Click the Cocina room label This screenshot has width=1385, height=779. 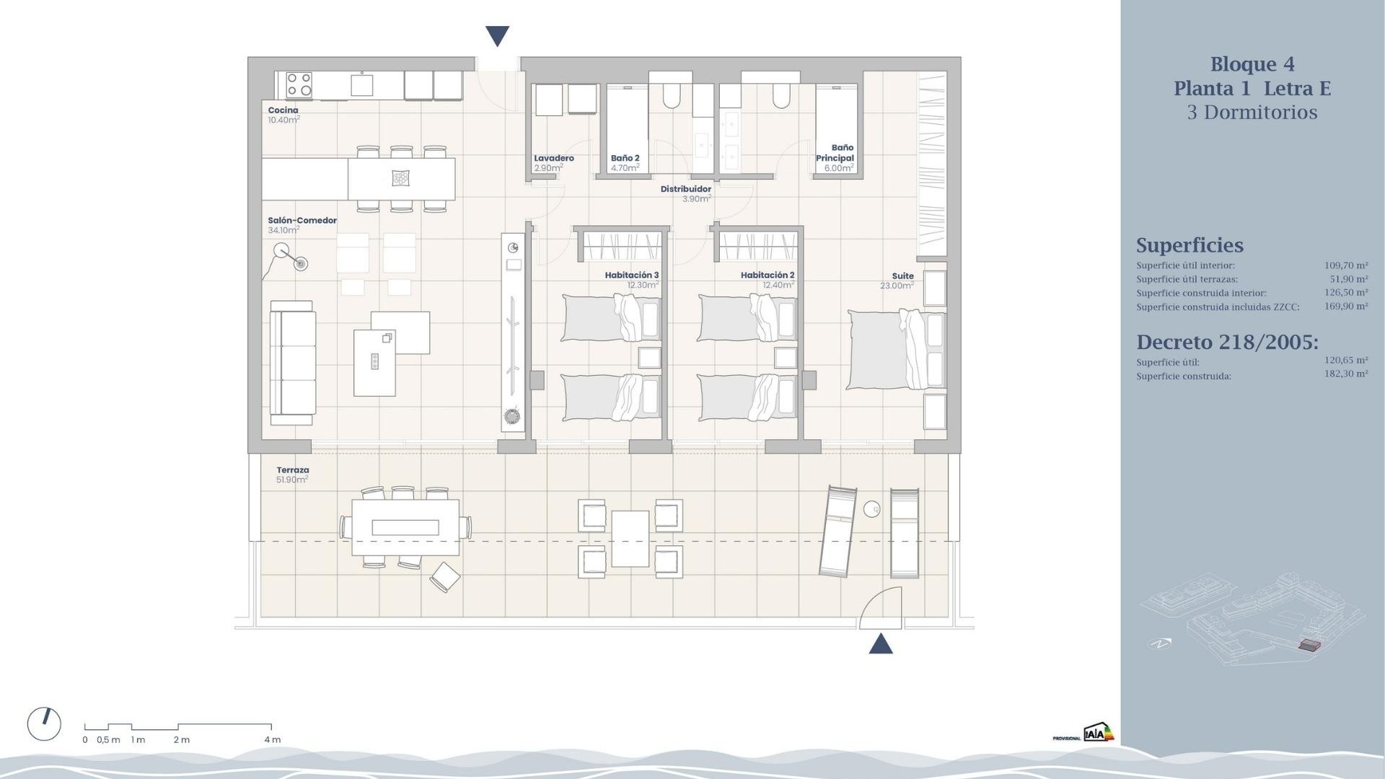click(x=283, y=110)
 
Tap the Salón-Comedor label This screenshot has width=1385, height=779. click(x=302, y=221)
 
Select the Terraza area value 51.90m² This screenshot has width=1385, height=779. click(x=292, y=480)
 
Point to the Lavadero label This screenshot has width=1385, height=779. click(x=554, y=158)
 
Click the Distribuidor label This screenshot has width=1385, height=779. click(x=686, y=189)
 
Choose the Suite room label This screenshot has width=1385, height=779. click(x=902, y=276)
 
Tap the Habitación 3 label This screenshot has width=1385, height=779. click(x=632, y=275)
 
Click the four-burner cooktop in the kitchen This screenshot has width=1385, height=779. click(x=299, y=84)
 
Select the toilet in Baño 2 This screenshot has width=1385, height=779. click(x=672, y=96)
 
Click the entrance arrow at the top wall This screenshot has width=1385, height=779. click(x=498, y=35)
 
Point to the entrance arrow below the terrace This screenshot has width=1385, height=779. click(x=881, y=643)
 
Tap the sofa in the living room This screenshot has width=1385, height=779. click(x=292, y=363)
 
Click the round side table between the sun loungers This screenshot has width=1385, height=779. click(x=872, y=509)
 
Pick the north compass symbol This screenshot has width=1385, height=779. click(x=44, y=724)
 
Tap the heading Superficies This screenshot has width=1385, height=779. click(x=1190, y=245)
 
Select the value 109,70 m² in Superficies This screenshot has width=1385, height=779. click(x=1345, y=265)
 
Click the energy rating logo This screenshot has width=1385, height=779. click(x=1099, y=733)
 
